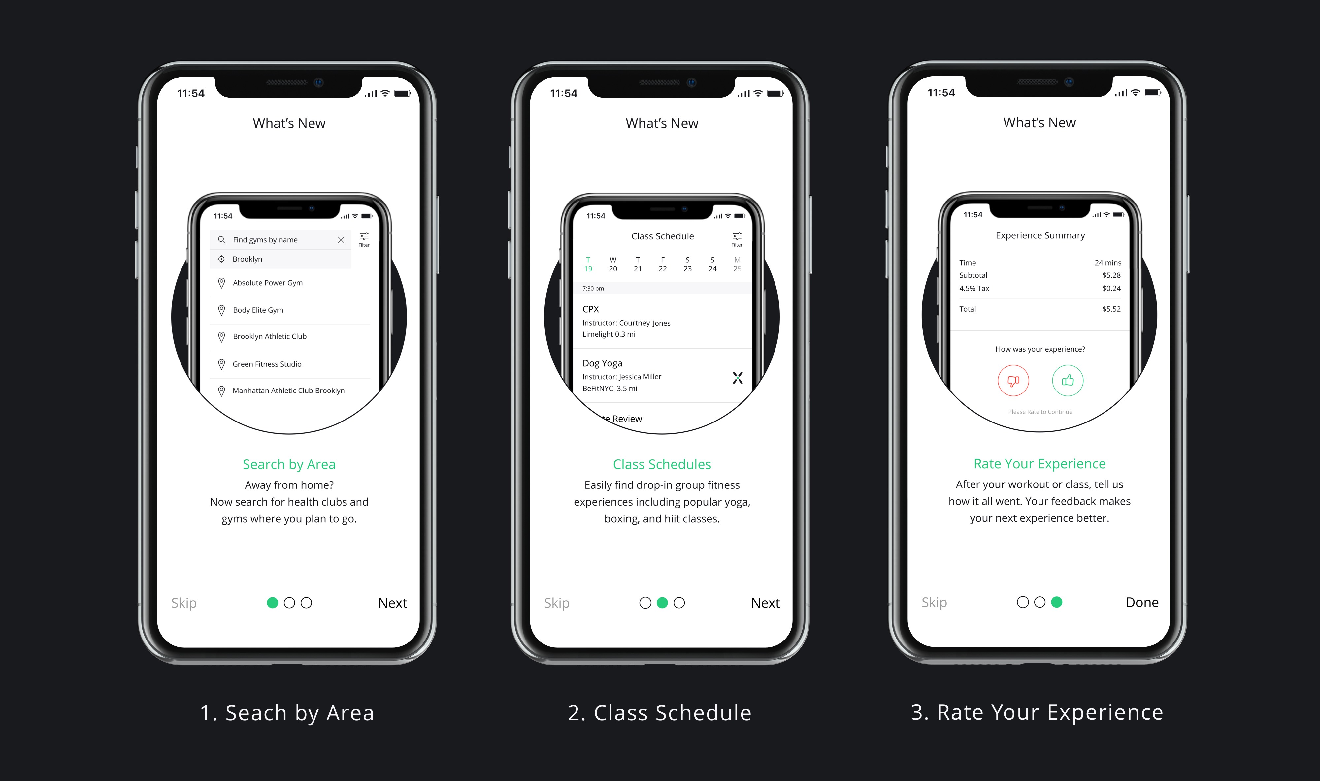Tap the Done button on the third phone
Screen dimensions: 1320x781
tap(1141, 602)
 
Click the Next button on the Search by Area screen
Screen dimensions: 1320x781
tap(392, 603)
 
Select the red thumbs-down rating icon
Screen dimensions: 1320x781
tap(1013, 381)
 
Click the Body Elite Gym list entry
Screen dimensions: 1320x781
tap(258, 310)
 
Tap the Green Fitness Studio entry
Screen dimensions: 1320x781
tap(267, 364)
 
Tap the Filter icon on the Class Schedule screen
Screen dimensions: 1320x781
tap(737, 239)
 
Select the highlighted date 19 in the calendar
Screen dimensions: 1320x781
tap(588, 269)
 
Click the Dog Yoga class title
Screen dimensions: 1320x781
tap(602, 363)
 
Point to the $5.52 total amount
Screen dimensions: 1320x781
tap(1111, 309)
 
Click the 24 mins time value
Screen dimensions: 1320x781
tap(1108, 263)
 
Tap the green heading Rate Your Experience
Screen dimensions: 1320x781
tap(1039, 464)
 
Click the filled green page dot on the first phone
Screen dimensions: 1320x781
tap(272, 603)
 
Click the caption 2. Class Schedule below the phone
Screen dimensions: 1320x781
tap(659, 713)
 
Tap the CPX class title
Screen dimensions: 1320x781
tap(591, 309)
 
